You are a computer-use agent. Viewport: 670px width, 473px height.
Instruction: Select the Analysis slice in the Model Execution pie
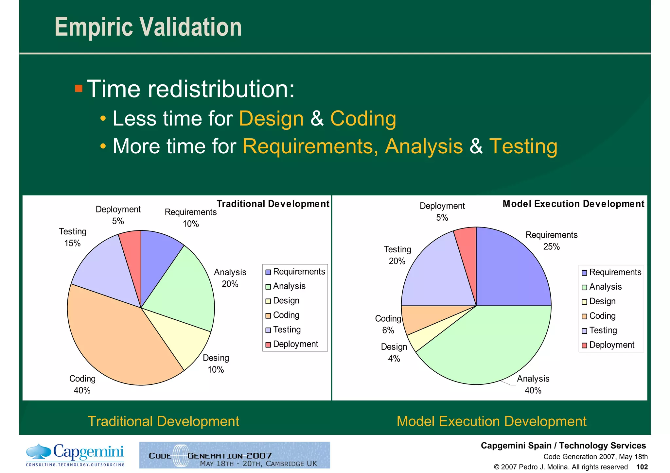point(491,346)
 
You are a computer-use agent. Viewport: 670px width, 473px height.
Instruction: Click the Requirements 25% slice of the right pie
point(510,271)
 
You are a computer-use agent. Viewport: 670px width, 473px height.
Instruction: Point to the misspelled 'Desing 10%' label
point(216,363)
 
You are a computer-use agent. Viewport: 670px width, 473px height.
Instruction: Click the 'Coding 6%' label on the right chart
point(388,324)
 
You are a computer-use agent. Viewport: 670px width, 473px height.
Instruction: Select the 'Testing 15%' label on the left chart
point(72,237)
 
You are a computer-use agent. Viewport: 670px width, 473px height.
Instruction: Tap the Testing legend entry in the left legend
point(287,329)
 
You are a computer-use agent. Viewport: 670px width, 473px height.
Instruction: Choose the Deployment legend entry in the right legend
point(611,345)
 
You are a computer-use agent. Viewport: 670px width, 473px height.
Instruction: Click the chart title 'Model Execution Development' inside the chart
point(573,204)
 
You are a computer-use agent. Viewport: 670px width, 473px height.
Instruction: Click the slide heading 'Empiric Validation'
point(148,27)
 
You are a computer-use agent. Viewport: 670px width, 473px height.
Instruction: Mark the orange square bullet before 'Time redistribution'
point(79,88)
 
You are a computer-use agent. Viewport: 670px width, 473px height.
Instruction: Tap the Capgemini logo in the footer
point(75,455)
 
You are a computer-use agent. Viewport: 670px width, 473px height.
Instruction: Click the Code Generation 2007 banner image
point(235,455)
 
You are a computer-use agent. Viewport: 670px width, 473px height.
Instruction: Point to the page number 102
point(642,467)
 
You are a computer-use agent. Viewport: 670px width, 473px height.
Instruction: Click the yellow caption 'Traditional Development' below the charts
point(163,421)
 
